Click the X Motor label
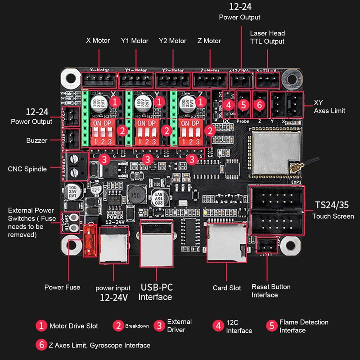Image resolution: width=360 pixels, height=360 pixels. coord(98,40)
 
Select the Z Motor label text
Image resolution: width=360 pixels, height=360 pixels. coord(209,40)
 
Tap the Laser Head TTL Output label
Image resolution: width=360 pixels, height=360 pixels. coord(267,37)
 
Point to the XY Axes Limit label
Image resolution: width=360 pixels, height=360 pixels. coord(329,106)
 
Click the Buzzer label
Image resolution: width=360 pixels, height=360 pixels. coord(36,140)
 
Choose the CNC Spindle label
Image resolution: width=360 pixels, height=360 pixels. coord(27,169)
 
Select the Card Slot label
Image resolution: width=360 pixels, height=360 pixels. coord(227,288)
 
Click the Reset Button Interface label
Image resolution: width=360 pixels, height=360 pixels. coord(271,291)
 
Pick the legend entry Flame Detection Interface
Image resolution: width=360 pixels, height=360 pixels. coord(304,326)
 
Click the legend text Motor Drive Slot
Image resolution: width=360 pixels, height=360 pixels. coord(73,326)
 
